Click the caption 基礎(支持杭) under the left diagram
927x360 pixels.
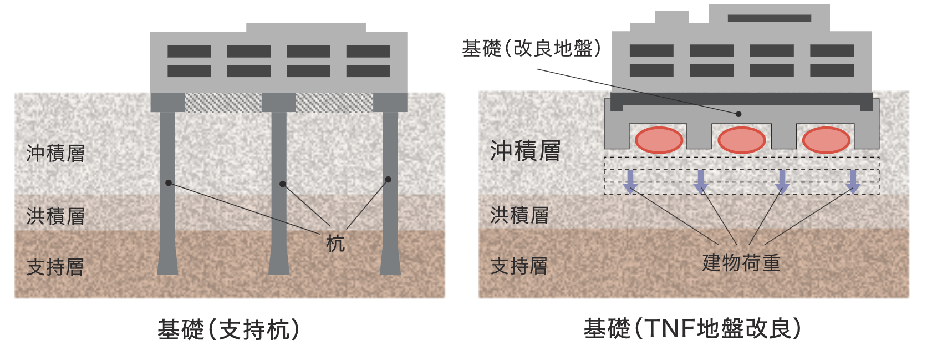(228, 330)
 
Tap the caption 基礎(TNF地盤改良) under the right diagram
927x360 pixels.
(692, 329)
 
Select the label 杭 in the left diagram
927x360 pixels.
(335, 244)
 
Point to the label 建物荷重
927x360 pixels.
(741, 262)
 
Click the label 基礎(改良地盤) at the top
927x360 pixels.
(532, 49)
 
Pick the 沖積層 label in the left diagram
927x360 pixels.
(55, 153)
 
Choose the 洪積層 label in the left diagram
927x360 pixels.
(55, 216)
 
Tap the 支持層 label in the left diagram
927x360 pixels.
(55, 267)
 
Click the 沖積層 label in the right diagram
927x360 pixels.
(525, 151)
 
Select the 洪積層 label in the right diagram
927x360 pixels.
(519, 215)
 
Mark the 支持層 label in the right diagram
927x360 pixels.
(519, 266)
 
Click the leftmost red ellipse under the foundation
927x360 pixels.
(659, 140)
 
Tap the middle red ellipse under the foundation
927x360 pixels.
(742, 140)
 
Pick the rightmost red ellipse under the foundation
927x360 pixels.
(826, 140)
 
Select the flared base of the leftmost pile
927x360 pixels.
(167, 263)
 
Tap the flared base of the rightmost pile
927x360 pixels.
(390, 263)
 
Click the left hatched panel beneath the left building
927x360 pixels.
(223, 103)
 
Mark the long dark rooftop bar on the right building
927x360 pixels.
(769, 18)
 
